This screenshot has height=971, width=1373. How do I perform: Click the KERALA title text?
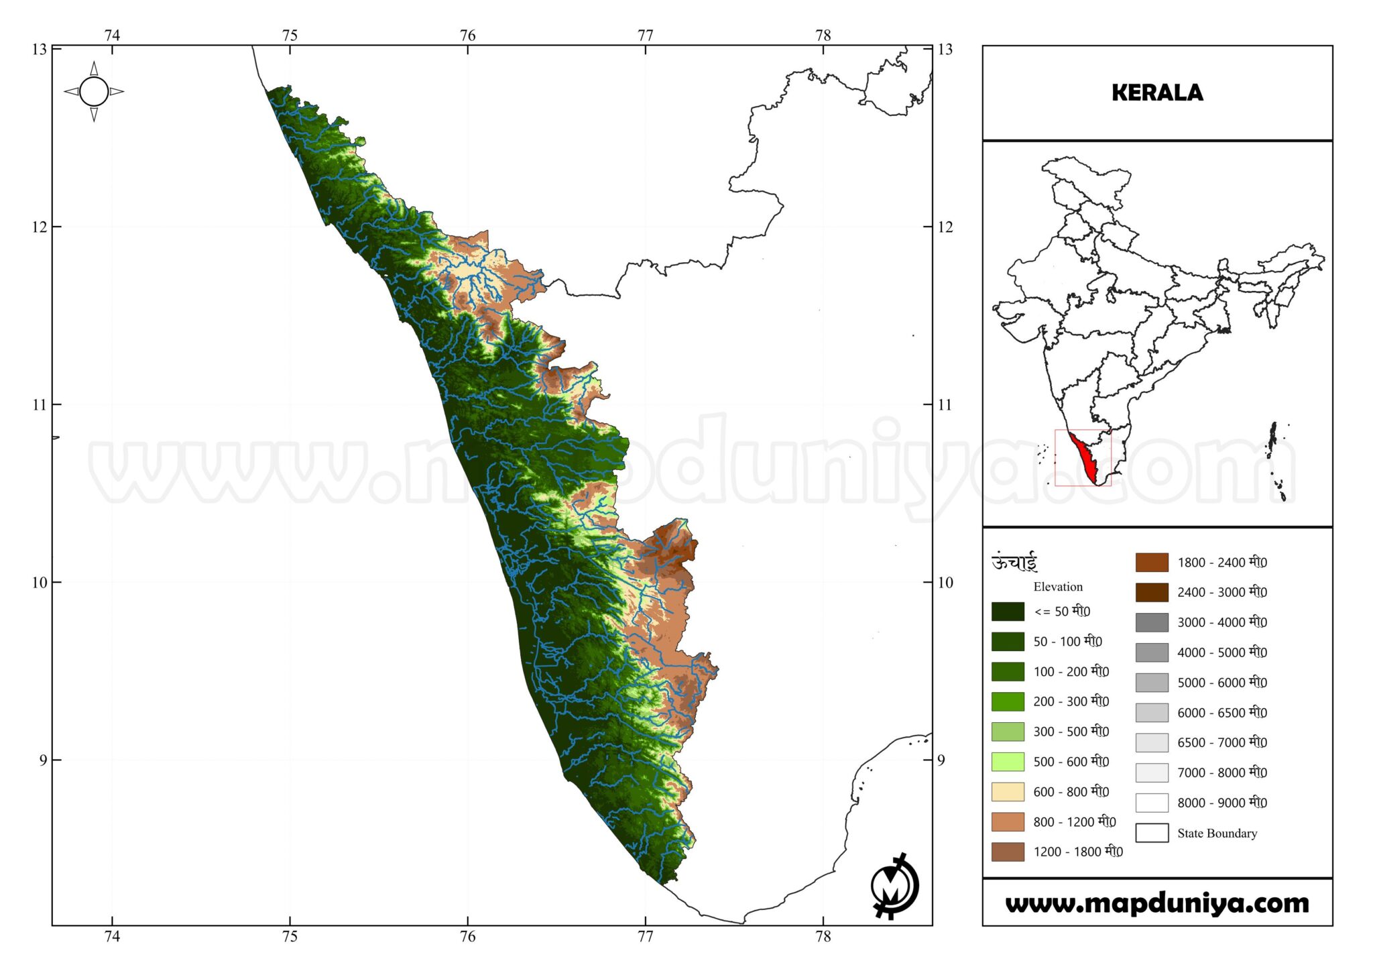pos(1156,93)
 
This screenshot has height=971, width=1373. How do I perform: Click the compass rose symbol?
pos(94,92)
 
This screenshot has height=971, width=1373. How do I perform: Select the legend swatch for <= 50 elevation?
pos(1008,612)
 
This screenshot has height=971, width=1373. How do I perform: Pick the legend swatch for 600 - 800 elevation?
pos(1008,792)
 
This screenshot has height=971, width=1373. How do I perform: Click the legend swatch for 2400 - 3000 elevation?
pos(1152,592)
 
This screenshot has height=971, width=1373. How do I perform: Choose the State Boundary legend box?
pos(1152,833)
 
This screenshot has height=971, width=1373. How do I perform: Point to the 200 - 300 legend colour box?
pos(1008,701)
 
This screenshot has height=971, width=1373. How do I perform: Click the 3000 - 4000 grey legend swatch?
pos(1152,622)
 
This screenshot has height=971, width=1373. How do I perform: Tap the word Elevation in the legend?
pos(1058,587)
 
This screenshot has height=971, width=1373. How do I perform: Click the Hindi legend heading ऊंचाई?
pos(1014,562)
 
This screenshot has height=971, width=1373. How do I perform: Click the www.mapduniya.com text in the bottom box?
pos(1156,903)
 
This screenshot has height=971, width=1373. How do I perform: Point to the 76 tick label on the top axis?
pos(467,36)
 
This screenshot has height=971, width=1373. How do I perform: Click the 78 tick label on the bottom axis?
pos(823,936)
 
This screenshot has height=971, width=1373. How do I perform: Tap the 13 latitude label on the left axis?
pos(40,49)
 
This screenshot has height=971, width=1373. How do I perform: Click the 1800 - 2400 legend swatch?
pos(1152,563)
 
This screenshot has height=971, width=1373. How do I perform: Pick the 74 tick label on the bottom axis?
pos(112,936)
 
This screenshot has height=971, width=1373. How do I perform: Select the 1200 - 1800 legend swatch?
pos(1008,852)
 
